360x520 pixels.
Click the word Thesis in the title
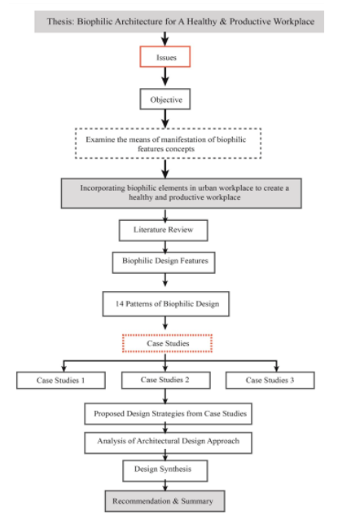[60, 21]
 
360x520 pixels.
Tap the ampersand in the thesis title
[223, 21]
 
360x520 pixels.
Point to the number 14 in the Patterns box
[119, 304]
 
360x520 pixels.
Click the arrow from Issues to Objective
[165, 77]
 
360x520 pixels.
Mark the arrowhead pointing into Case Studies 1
[64, 368]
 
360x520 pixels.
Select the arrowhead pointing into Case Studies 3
[276, 368]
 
